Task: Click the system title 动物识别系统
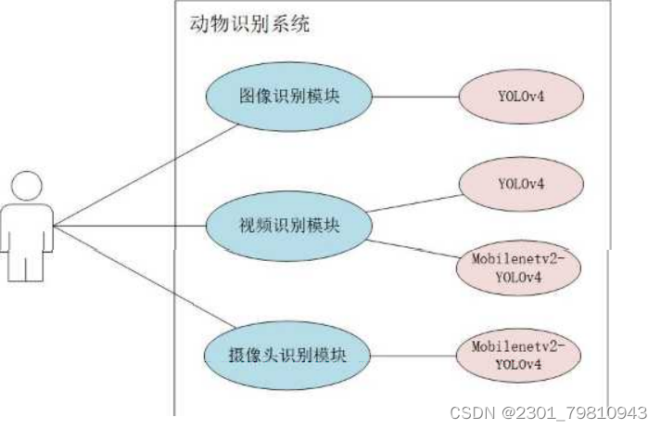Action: pos(249,25)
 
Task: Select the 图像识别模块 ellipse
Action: pos(290,96)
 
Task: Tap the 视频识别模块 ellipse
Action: pos(290,227)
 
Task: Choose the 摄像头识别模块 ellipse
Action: pos(288,354)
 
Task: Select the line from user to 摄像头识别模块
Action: pos(139,278)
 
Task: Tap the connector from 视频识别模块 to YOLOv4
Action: pos(414,203)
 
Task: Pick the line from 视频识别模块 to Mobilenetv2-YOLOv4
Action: pos(414,247)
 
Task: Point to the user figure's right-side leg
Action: pos(36,265)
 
